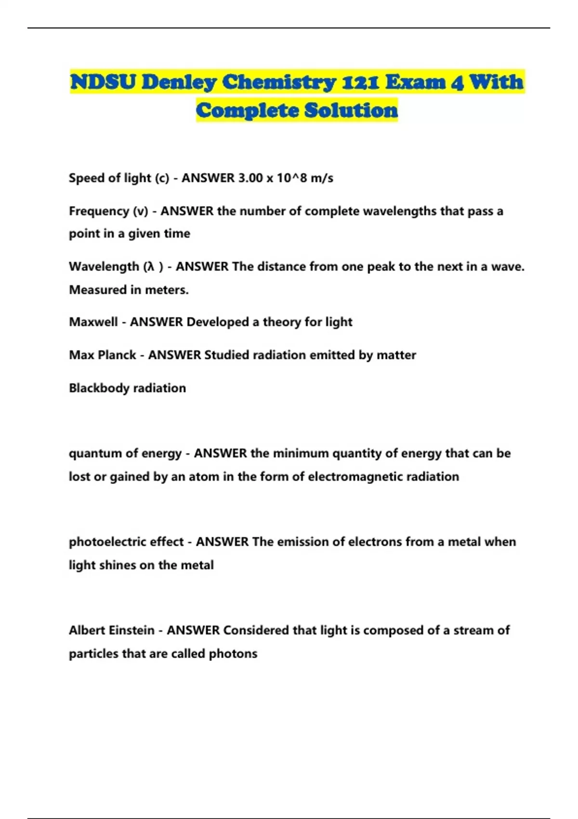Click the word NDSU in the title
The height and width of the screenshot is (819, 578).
tap(103, 82)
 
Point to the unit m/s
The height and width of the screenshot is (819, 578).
tap(322, 178)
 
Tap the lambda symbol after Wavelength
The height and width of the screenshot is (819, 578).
tap(151, 266)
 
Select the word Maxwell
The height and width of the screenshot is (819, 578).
tap(93, 322)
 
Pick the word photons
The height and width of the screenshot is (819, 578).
tap(233, 654)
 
